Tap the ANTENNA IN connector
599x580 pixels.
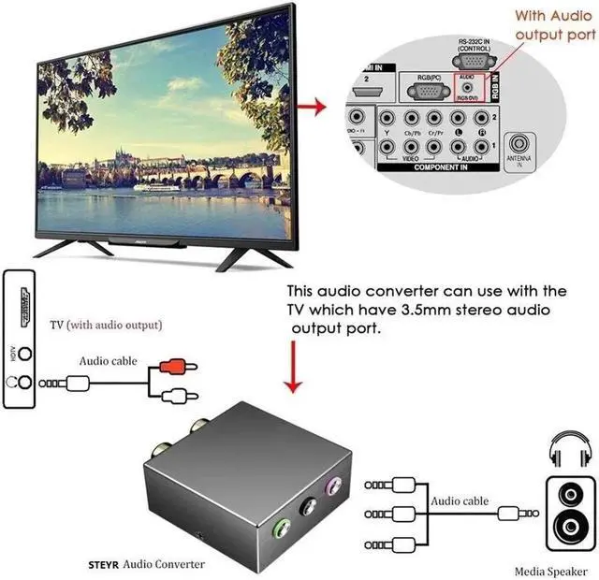pos(519,146)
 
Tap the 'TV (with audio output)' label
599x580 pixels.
pos(106,326)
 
